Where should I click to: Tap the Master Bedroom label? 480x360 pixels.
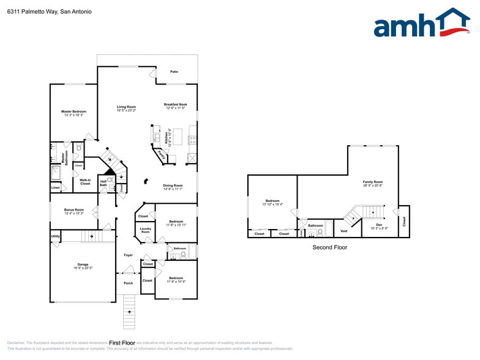[x=73, y=113]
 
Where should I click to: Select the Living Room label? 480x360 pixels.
[x=126, y=108]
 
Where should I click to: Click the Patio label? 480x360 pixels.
[x=174, y=72]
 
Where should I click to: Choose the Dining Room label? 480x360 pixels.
[x=173, y=187]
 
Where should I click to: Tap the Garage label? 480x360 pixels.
[x=82, y=266]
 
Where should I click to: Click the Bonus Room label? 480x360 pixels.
[x=74, y=211]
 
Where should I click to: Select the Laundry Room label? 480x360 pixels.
[x=145, y=230]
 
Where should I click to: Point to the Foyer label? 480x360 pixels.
[x=129, y=255]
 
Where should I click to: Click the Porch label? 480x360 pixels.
[x=129, y=283]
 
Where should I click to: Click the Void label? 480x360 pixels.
[x=343, y=231]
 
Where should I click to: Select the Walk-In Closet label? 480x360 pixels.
[x=85, y=182]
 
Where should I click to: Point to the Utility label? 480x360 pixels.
[x=55, y=236]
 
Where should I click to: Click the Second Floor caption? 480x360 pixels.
[x=330, y=247]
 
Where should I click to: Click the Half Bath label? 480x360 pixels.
[x=103, y=183]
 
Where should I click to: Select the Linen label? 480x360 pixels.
[x=56, y=187]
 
